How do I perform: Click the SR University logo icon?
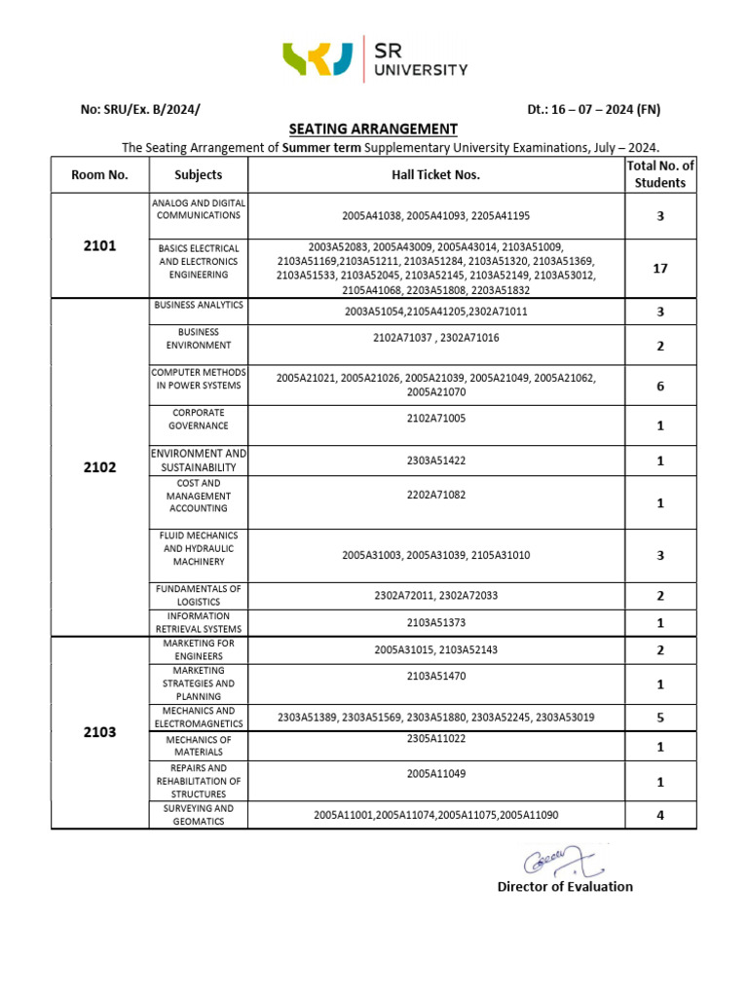(318, 58)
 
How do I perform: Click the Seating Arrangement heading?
(373, 129)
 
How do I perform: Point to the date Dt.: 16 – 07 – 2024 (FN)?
(593, 109)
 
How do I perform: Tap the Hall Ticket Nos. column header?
(435, 175)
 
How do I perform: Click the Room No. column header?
(99, 175)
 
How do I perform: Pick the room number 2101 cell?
(99, 245)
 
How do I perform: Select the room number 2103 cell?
(99, 732)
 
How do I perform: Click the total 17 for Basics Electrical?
(659, 268)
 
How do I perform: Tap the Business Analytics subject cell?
(199, 306)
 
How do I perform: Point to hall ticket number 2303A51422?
(435, 461)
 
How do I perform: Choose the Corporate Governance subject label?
(199, 419)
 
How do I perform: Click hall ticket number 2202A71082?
(435, 495)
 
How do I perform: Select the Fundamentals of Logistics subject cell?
(199, 595)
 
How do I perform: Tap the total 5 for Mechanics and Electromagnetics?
(659, 719)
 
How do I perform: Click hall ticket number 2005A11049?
(435, 774)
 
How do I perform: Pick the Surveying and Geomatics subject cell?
(199, 815)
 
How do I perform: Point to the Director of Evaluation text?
(565, 886)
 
